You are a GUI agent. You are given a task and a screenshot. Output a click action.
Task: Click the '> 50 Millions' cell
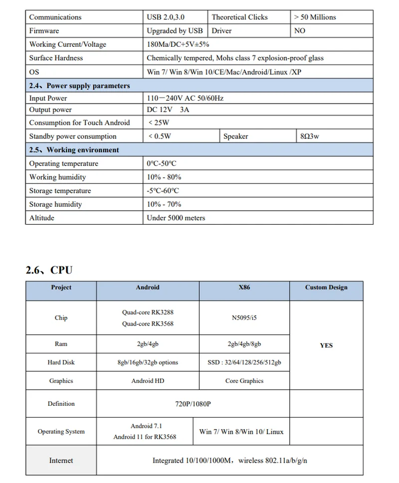pyautogui.click(x=315, y=17)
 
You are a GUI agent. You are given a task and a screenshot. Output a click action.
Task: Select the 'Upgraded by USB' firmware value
pyautogui.click(x=175, y=31)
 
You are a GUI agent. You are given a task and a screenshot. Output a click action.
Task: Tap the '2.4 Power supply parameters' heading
pyautogui.click(x=79, y=86)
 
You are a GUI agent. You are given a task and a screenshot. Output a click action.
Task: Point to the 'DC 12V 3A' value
pyautogui.click(x=168, y=110)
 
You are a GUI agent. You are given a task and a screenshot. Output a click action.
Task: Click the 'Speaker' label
pyautogui.click(x=235, y=136)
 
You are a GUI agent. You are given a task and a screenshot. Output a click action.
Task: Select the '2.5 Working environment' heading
pyautogui.click(x=74, y=150)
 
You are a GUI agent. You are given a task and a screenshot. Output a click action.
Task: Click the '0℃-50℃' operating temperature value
pyautogui.click(x=162, y=164)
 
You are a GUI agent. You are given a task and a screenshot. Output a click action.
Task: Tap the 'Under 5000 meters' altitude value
pyautogui.click(x=176, y=218)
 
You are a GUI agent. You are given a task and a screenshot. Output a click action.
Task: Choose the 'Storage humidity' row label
pyautogui.click(x=55, y=204)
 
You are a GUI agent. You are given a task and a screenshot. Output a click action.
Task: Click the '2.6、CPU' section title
pyautogui.click(x=49, y=270)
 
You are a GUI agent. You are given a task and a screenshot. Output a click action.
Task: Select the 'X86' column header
pyautogui.click(x=244, y=287)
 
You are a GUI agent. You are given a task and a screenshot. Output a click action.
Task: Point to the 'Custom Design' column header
pyautogui.click(x=326, y=287)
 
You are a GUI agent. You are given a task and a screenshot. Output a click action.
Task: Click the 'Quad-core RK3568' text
pyautogui.click(x=148, y=324)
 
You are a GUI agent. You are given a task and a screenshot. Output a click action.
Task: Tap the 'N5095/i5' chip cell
pyautogui.click(x=244, y=318)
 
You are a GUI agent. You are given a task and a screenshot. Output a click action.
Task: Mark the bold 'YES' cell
pyautogui.click(x=326, y=345)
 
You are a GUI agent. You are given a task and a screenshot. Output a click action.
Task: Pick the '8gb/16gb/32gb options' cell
pyautogui.click(x=148, y=362)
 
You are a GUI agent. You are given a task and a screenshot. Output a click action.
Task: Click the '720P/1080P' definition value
pyautogui.click(x=193, y=404)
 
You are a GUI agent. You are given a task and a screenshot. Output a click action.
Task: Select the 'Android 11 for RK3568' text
pyautogui.click(x=145, y=437)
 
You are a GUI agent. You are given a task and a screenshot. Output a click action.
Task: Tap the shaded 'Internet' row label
pyautogui.click(x=61, y=461)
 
